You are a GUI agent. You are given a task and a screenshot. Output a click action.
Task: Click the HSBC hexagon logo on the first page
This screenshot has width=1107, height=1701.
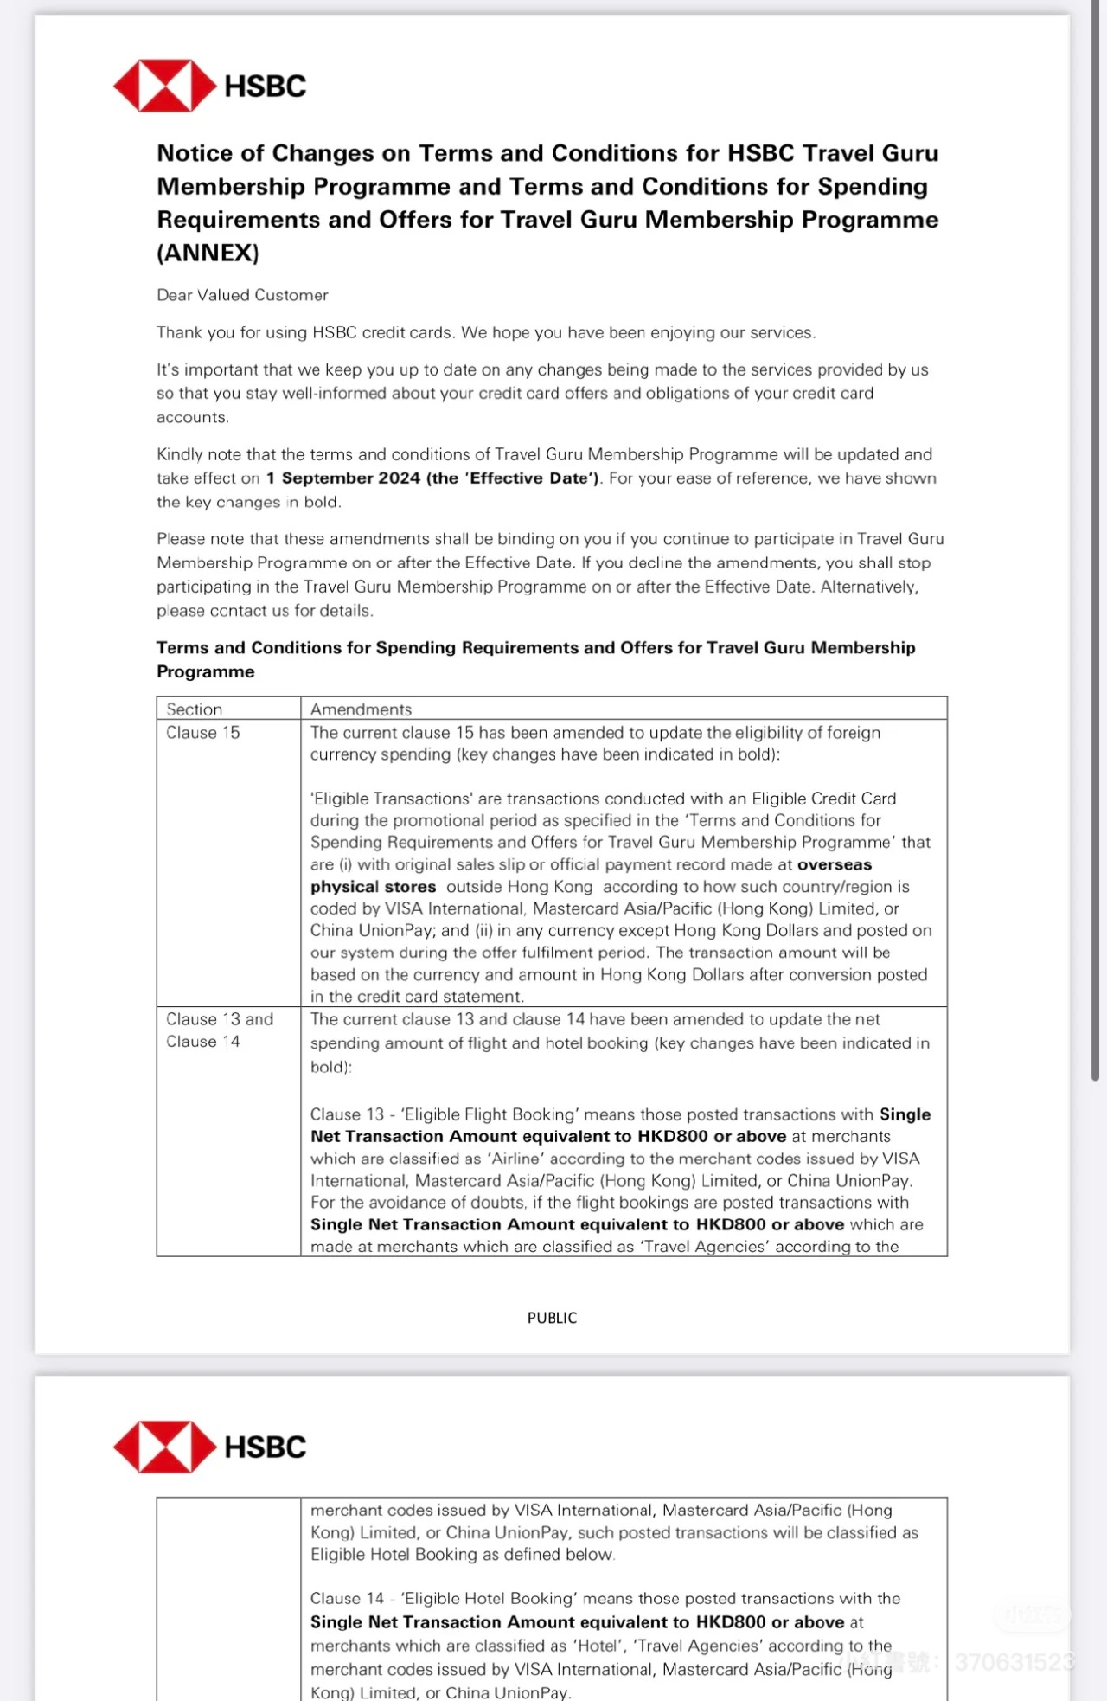[164, 86]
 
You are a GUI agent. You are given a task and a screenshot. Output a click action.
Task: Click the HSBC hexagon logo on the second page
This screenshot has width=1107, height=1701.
[164, 1447]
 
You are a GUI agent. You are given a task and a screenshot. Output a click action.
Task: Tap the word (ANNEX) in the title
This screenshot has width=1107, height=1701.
[208, 253]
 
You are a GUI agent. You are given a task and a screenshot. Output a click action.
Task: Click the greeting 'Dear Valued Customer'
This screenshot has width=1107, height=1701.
[242, 295]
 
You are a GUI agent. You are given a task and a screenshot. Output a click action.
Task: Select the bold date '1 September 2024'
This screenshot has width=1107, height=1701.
[343, 478]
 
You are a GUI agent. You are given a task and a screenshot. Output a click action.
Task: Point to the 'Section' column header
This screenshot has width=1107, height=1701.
[194, 709]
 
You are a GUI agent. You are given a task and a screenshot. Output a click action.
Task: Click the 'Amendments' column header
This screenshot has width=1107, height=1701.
[361, 709]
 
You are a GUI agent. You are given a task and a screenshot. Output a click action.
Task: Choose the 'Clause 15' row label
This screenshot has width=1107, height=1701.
[202, 733]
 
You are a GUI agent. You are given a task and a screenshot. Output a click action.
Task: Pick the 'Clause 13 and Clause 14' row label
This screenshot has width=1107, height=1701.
[219, 1030]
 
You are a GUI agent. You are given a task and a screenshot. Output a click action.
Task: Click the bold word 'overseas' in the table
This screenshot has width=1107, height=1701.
[835, 864]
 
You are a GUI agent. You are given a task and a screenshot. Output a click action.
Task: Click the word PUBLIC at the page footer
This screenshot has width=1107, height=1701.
[552, 1318]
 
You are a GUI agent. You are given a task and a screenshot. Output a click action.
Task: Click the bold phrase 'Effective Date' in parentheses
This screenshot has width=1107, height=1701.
[532, 478]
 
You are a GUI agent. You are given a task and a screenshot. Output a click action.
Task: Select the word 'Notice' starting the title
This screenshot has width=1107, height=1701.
[195, 153]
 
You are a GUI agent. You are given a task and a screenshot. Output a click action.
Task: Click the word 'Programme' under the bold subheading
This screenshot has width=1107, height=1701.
[206, 672]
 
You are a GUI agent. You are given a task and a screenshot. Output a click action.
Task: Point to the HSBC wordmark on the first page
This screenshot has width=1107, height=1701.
[265, 86]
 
